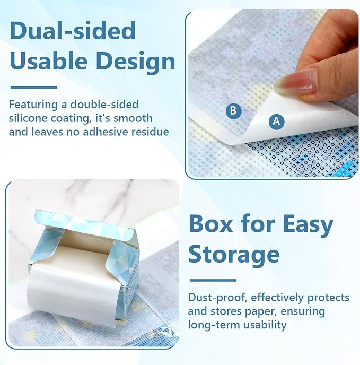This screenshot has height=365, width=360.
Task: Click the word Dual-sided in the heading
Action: [73, 30]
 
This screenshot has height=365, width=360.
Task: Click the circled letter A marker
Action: [276, 121]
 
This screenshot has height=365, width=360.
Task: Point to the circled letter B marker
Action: [233, 110]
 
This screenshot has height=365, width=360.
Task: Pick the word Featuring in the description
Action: [33, 105]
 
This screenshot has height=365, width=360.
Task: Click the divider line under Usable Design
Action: [34, 88]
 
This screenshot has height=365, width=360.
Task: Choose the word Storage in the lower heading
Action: [234, 255]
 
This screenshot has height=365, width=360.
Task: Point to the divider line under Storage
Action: [213, 280]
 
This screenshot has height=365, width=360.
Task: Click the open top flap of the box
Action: [84, 222]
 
